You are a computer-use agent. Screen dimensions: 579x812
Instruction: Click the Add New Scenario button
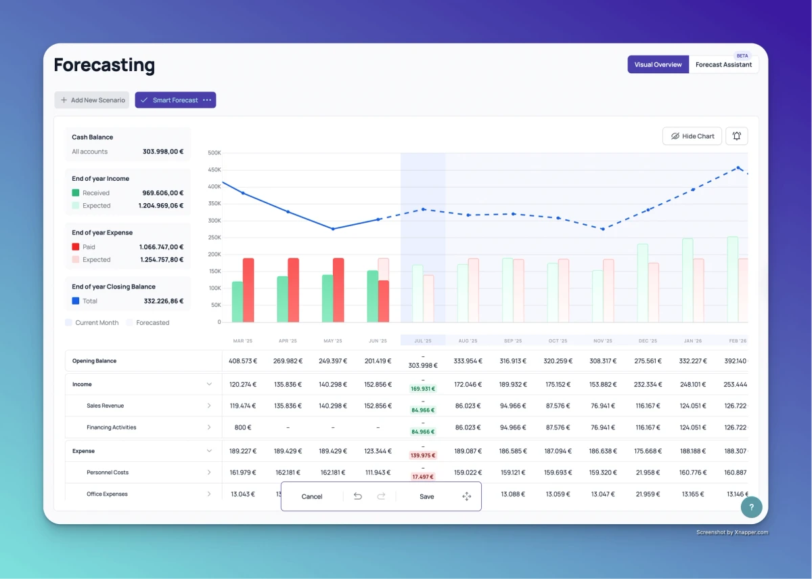[92, 100]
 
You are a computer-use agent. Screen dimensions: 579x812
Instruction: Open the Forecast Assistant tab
[723, 65]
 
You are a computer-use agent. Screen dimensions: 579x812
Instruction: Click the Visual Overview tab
[658, 65]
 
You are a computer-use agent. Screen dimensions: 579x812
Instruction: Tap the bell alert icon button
[736, 136]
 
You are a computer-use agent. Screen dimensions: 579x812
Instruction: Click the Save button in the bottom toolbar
[426, 496]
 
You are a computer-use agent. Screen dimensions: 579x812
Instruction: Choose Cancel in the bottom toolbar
[312, 496]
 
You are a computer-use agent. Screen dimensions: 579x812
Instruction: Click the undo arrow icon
[358, 496]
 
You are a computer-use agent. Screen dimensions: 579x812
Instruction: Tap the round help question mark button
[751, 507]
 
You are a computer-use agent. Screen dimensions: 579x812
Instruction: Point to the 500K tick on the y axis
[214, 153]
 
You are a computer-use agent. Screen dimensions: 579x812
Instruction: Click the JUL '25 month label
[423, 341]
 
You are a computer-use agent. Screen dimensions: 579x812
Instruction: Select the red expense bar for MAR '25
[248, 290]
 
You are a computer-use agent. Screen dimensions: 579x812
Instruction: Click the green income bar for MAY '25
[328, 298]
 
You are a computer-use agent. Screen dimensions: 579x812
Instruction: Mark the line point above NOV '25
[602, 229]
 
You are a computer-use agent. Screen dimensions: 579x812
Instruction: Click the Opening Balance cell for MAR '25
[243, 361]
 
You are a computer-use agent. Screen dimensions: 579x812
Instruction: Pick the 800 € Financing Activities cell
[243, 427]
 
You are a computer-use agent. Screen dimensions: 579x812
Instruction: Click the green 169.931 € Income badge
[423, 389]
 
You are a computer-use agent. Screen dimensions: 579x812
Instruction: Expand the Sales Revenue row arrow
[208, 406]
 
